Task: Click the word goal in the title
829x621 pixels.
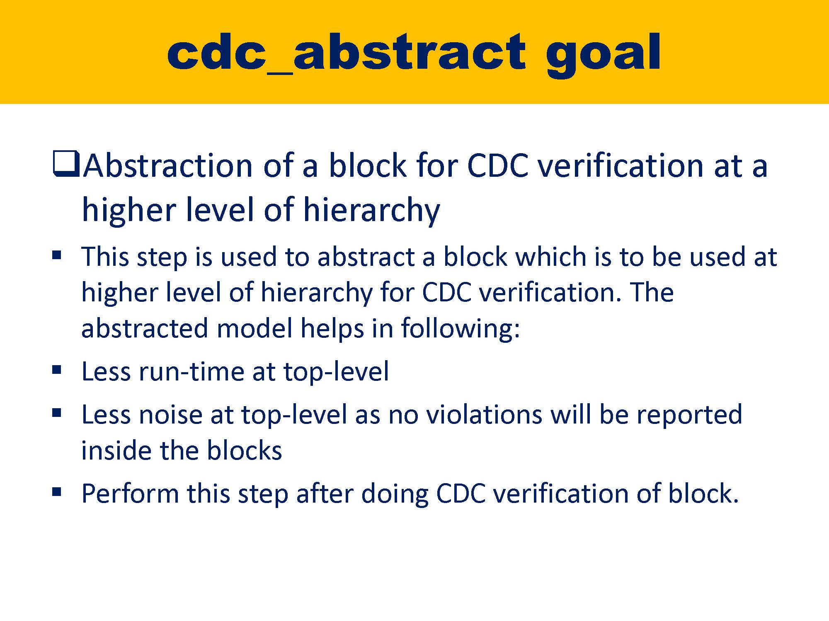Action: tap(603, 54)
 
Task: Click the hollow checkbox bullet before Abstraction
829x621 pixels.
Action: tap(65, 164)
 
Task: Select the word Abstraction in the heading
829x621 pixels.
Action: tap(168, 166)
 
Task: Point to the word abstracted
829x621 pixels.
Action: tap(144, 328)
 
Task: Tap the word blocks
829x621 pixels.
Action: tap(245, 450)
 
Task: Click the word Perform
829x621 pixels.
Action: tap(130, 494)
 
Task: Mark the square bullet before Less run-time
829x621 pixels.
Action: tap(57, 370)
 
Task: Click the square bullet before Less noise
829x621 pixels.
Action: tap(57, 413)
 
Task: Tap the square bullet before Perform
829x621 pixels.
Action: tap(57, 492)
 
